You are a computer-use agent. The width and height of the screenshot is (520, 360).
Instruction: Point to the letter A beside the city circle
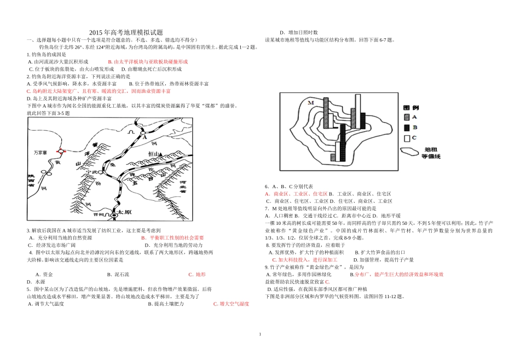[146, 138]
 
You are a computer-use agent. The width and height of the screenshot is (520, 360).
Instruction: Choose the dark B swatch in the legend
[406, 127]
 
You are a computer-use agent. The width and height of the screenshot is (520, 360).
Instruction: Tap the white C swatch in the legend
[406, 138]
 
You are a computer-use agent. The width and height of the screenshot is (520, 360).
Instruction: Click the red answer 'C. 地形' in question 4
[197, 274]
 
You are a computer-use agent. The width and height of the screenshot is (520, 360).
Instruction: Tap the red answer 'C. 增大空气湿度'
[231, 304]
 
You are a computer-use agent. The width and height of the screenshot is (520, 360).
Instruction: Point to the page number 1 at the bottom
[260, 334]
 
